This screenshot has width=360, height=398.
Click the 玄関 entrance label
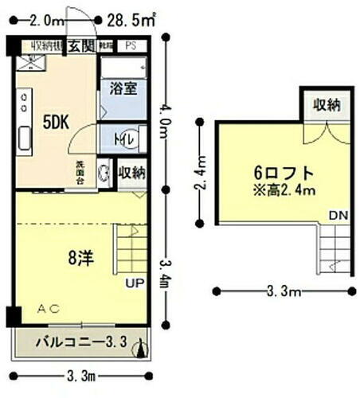click(81, 46)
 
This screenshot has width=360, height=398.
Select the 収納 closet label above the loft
click(327, 105)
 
